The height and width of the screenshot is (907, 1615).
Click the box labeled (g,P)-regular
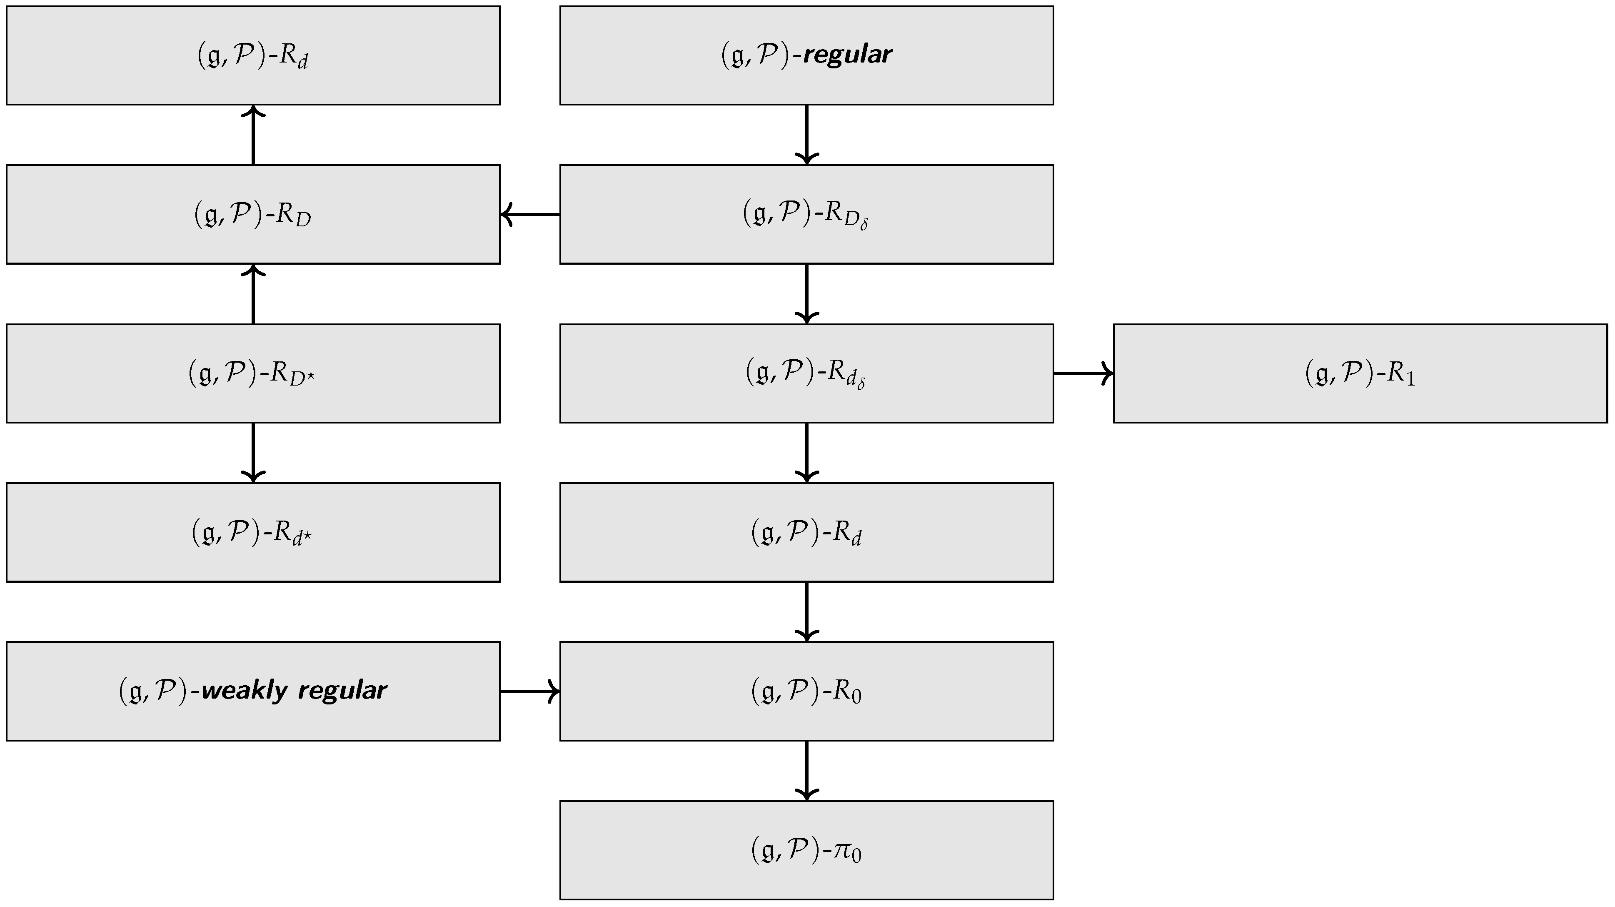(806, 55)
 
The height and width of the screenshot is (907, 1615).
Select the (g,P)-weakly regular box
(253, 691)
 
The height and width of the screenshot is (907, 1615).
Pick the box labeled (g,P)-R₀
(806, 691)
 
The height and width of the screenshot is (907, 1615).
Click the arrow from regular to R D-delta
(806, 134)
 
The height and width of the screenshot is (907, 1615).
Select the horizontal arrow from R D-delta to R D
(530, 215)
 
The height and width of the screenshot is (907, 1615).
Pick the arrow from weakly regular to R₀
(530, 691)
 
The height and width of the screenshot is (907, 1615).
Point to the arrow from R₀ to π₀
(806, 770)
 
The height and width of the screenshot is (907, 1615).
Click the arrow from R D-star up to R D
(253, 293)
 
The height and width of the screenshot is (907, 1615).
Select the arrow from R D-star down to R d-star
(253, 452)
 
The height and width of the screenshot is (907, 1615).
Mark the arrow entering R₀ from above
(806, 611)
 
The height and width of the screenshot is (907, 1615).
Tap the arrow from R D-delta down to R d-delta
(806, 293)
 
